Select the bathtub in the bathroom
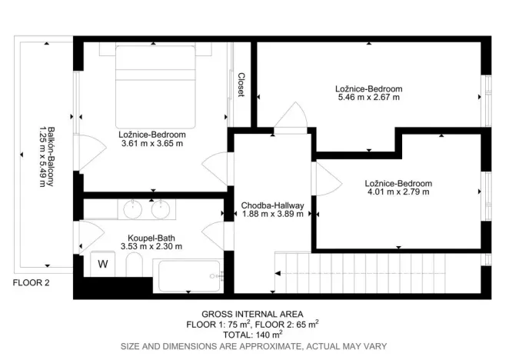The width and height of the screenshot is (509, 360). pos(188,273)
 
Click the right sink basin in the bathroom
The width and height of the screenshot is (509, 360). pos(160,208)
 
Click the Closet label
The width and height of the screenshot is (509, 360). pos(241,85)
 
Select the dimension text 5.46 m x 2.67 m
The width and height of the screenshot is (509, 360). pos(369,97)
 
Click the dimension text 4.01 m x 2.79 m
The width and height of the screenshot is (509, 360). pos(398,192)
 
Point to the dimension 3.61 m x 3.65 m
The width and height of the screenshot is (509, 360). pos(152,143)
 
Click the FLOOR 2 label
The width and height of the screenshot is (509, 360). pos(31,283)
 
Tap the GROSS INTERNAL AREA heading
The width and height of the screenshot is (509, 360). pos(252,314)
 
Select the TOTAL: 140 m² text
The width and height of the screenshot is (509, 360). pos(252,335)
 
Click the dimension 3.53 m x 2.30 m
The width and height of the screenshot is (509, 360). pos(151,247)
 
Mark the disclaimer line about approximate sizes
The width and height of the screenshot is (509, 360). pos(252,347)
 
